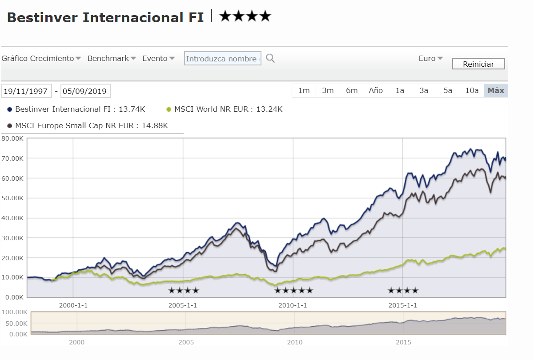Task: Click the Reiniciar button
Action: point(478,64)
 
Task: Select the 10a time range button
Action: point(472,90)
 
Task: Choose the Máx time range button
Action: point(496,90)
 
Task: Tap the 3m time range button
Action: point(328,90)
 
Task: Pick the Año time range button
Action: point(376,90)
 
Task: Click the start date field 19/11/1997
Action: point(27,91)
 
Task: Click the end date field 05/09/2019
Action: point(85,91)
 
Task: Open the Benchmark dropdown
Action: point(112,58)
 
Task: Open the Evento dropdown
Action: point(158,58)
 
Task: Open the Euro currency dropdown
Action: point(430,58)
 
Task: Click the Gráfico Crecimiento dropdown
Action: point(41,58)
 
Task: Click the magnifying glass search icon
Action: point(270,58)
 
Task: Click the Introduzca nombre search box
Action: point(222,59)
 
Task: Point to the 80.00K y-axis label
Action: point(12,138)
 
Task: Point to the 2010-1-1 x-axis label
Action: point(293,305)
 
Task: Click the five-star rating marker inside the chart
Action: point(293,291)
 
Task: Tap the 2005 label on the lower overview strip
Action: point(186,342)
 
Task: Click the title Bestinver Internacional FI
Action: point(105,17)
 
